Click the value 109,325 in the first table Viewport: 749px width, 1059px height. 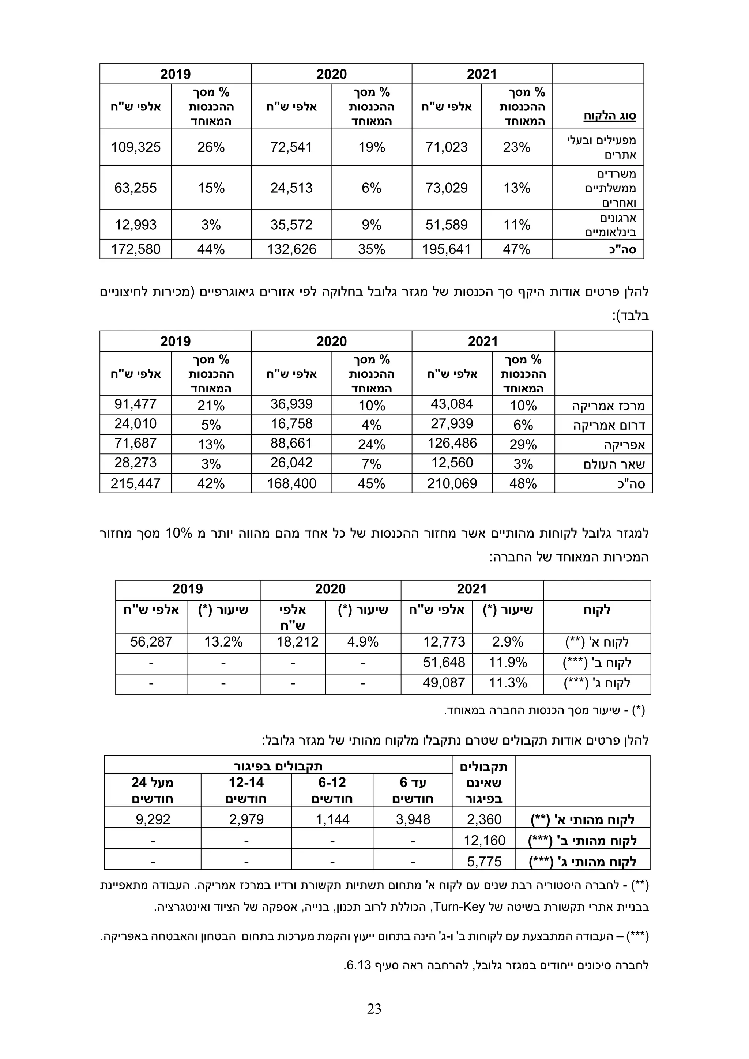136,147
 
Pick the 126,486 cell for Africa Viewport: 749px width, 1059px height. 452,443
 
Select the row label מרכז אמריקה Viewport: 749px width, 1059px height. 608,406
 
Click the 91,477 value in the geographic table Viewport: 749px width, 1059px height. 136,404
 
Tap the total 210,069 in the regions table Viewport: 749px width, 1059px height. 452,483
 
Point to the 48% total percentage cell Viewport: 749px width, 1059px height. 523,483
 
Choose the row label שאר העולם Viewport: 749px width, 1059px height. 613,464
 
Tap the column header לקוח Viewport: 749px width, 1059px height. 596,610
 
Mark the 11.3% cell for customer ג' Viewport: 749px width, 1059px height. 508,683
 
